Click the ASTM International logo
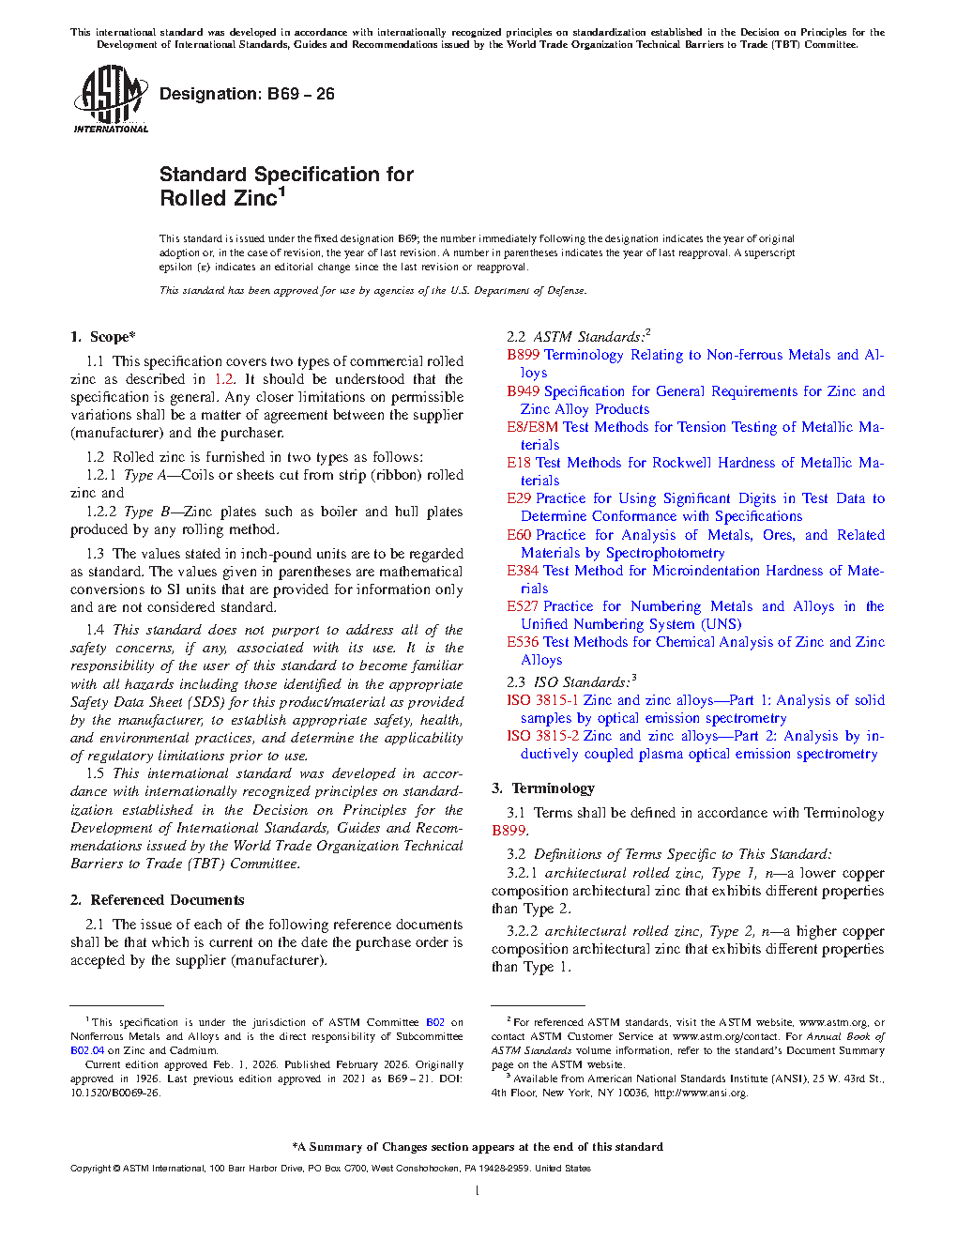[x=110, y=99]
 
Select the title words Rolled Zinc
[x=219, y=199]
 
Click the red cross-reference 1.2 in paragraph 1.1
[x=224, y=379]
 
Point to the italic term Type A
[x=145, y=475]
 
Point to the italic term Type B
[x=146, y=512]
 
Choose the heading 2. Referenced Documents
[x=158, y=900]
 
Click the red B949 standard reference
[x=524, y=391]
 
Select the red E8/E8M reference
[x=532, y=427]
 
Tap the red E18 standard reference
[x=519, y=463]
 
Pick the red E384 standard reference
[x=523, y=571]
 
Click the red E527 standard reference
[x=523, y=606]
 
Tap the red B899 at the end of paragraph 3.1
[x=509, y=831]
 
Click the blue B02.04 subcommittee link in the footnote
[x=87, y=1050]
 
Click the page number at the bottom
[x=478, y=1191]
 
